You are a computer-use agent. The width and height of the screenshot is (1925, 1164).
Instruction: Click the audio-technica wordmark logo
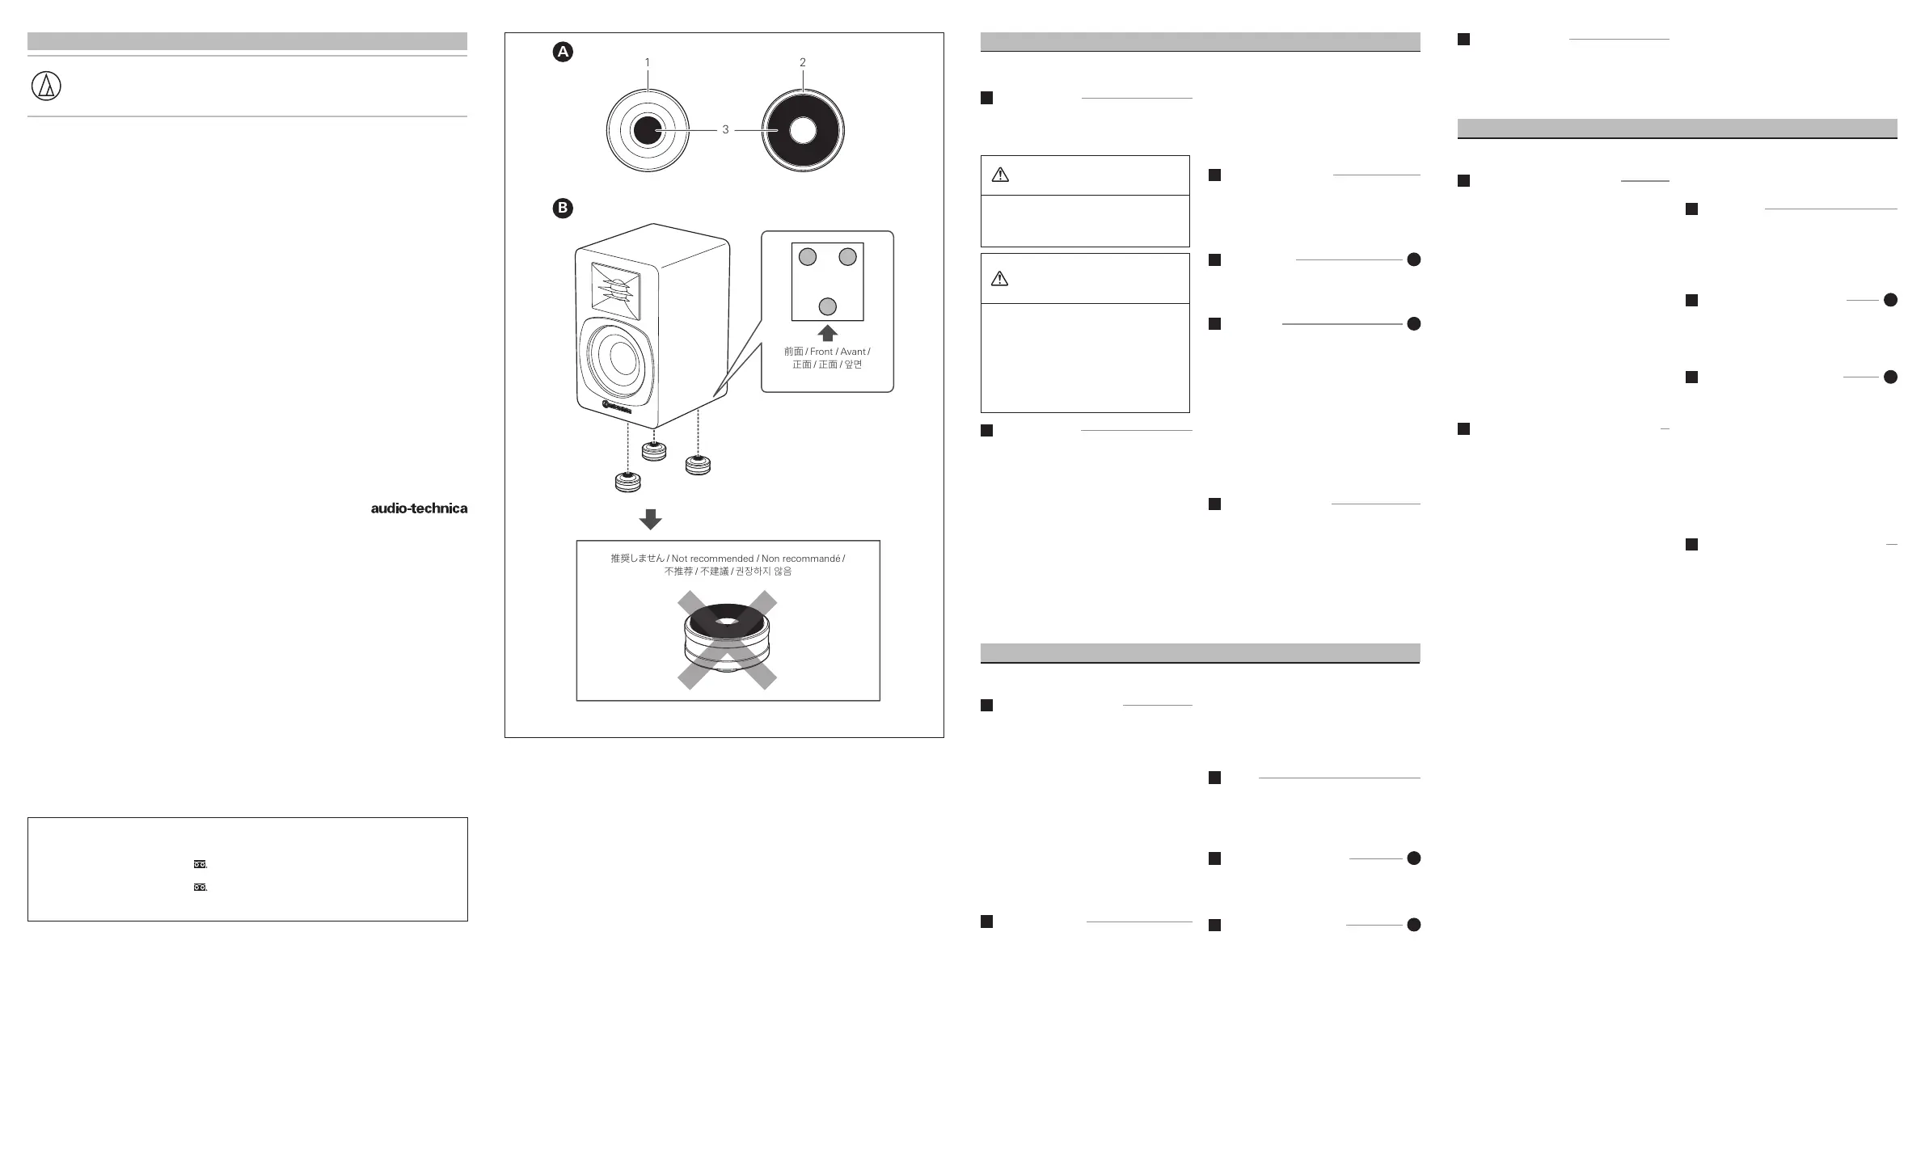(x=419, y=508)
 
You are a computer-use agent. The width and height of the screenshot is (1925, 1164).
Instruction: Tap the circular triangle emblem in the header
(x=46, y=86)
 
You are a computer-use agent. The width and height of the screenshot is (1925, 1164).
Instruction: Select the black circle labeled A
(x=563, y=53)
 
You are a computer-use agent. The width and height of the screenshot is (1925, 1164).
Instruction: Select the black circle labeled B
(x=563, y=209)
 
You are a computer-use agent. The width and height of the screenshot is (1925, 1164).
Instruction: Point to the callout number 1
(x=647, y=62)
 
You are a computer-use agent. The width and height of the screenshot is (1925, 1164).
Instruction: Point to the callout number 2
(x=802, y=62)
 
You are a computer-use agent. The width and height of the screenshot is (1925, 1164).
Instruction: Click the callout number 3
(x=725, y=130)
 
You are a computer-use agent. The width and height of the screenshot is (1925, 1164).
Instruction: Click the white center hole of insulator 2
(x=802, y=130)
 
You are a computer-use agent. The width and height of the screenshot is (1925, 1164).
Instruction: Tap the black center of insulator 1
(x=647, y=130)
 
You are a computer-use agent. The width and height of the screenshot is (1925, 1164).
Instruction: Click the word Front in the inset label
(x=821, y=352)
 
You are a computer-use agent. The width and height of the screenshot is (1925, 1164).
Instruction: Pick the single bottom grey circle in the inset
(x=827, y=306)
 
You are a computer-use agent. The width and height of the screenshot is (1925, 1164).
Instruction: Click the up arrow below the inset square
(x=827, y=332)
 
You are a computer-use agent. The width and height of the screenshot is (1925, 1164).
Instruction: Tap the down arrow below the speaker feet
(x=650, y=519)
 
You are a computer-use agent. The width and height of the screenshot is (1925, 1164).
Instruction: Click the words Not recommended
(x=711, y=559)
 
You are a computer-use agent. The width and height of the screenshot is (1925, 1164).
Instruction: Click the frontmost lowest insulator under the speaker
(x=627, y=482)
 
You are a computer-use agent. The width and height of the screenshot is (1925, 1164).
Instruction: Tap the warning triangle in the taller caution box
(x=999, y=279)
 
